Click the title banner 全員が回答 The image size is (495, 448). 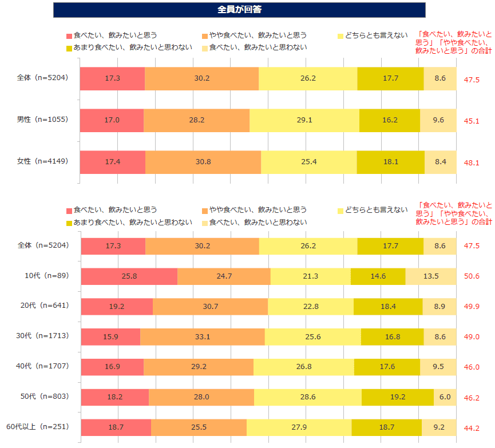click(x=239, y=10)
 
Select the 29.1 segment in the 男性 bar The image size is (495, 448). click(x=304, y=120)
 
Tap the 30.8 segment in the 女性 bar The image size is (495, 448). click(x=203, y=162)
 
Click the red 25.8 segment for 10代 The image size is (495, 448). click(x=129, y=276)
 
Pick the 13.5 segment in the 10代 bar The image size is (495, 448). click(x=430, y=276)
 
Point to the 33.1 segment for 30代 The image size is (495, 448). click(x=203, y=337)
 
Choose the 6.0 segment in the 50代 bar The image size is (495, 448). click(x=445, y=397)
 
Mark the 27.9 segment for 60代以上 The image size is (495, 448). click(x=299, y=427)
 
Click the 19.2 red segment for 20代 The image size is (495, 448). click(x=117, y=307)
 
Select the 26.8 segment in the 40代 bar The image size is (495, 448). click(x=303, y=367)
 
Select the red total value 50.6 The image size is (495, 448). click(x=472, y=276)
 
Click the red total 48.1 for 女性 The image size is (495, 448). click(x=472, y=162)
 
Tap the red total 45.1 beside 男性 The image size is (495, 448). click(x=472, y=121)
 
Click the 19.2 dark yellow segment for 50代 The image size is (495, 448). click(x=397, y=397)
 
